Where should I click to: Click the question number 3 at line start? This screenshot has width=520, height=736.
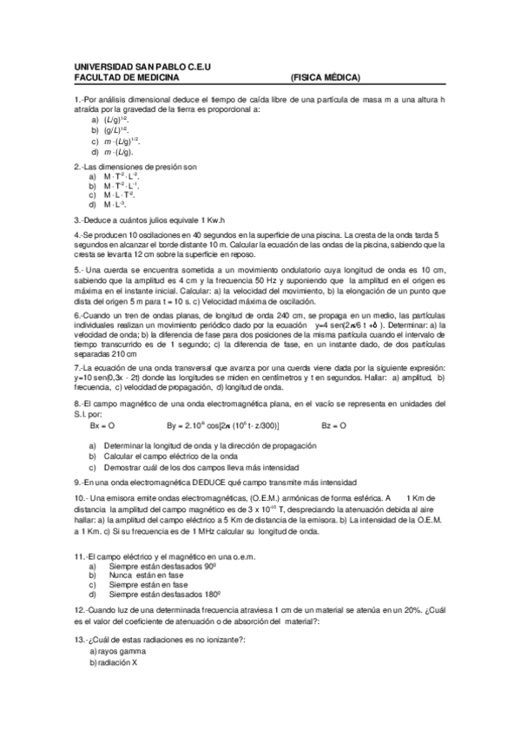(x=77, y=220)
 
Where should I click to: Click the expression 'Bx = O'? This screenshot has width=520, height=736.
(x=102, y=426)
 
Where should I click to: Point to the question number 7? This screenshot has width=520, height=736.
(x=77, y=369)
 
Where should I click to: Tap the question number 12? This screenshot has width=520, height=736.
(x=79, y=610)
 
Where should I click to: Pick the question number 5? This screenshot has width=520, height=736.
(x=77, y=269)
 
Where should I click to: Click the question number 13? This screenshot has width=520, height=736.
(x=79, y=639)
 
